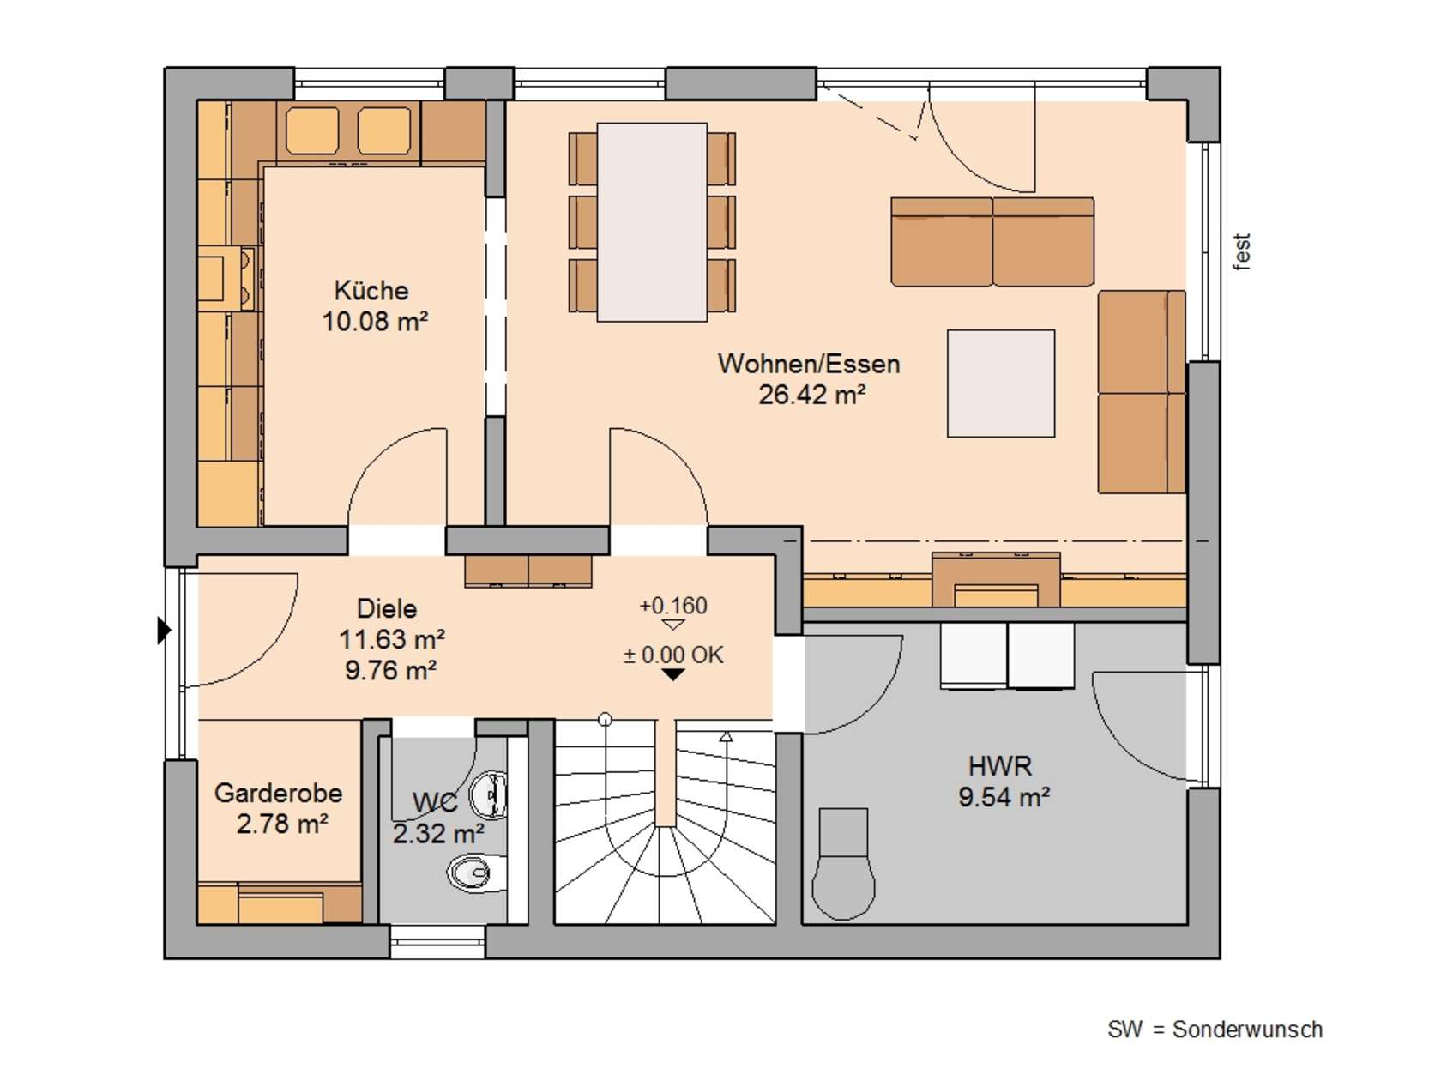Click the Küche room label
point(371,290)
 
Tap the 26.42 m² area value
point(811,395)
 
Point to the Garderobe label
point(279,794)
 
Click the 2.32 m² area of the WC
point(438,834)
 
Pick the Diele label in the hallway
point(387,608)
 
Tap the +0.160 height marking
point(673,605)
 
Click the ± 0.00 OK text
point(673,655)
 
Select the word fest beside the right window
point(1241,251)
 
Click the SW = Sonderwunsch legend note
point(1215,1030)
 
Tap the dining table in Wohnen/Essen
point(652,222)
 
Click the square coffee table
point(1000,383)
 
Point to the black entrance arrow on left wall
point(164,630)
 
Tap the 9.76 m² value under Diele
point(390,670)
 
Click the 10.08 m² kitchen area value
point(375,321)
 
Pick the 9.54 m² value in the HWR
point(1004,797)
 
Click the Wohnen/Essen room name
point(809,364)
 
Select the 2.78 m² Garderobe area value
point(282,824)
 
